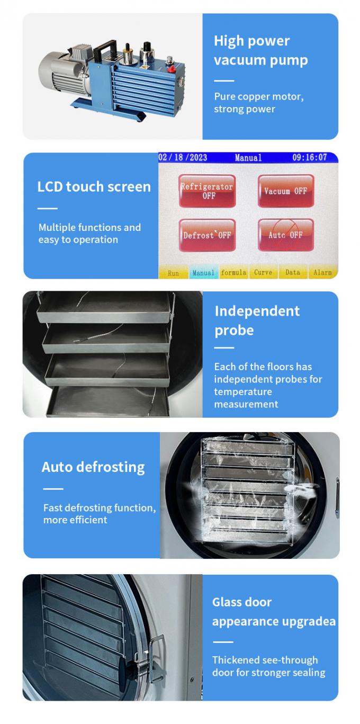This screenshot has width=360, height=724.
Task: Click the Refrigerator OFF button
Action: (206, 191)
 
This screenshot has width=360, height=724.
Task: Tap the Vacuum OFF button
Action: (286, 191)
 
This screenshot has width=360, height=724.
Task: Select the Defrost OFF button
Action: (206, 235)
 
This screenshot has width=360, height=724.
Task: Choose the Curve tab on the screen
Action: (263, 273)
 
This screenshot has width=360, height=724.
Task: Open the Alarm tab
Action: (322, 273)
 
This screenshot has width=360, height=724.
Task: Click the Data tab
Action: (293, 273)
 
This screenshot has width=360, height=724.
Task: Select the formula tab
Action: (233, 273)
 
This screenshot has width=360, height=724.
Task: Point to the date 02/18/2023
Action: (183, 158)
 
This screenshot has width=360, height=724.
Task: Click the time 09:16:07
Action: (310, 158)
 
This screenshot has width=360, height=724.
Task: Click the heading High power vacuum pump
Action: (260, 50)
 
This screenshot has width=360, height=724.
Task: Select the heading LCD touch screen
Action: (94, 186)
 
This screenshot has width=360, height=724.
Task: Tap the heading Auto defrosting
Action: (93, 467)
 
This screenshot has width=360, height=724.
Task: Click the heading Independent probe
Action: (257, 320)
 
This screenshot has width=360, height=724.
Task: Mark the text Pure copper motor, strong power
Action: (259, 103)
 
